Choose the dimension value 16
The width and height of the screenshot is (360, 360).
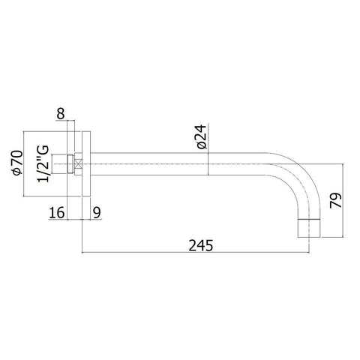[x=54, y=213]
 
